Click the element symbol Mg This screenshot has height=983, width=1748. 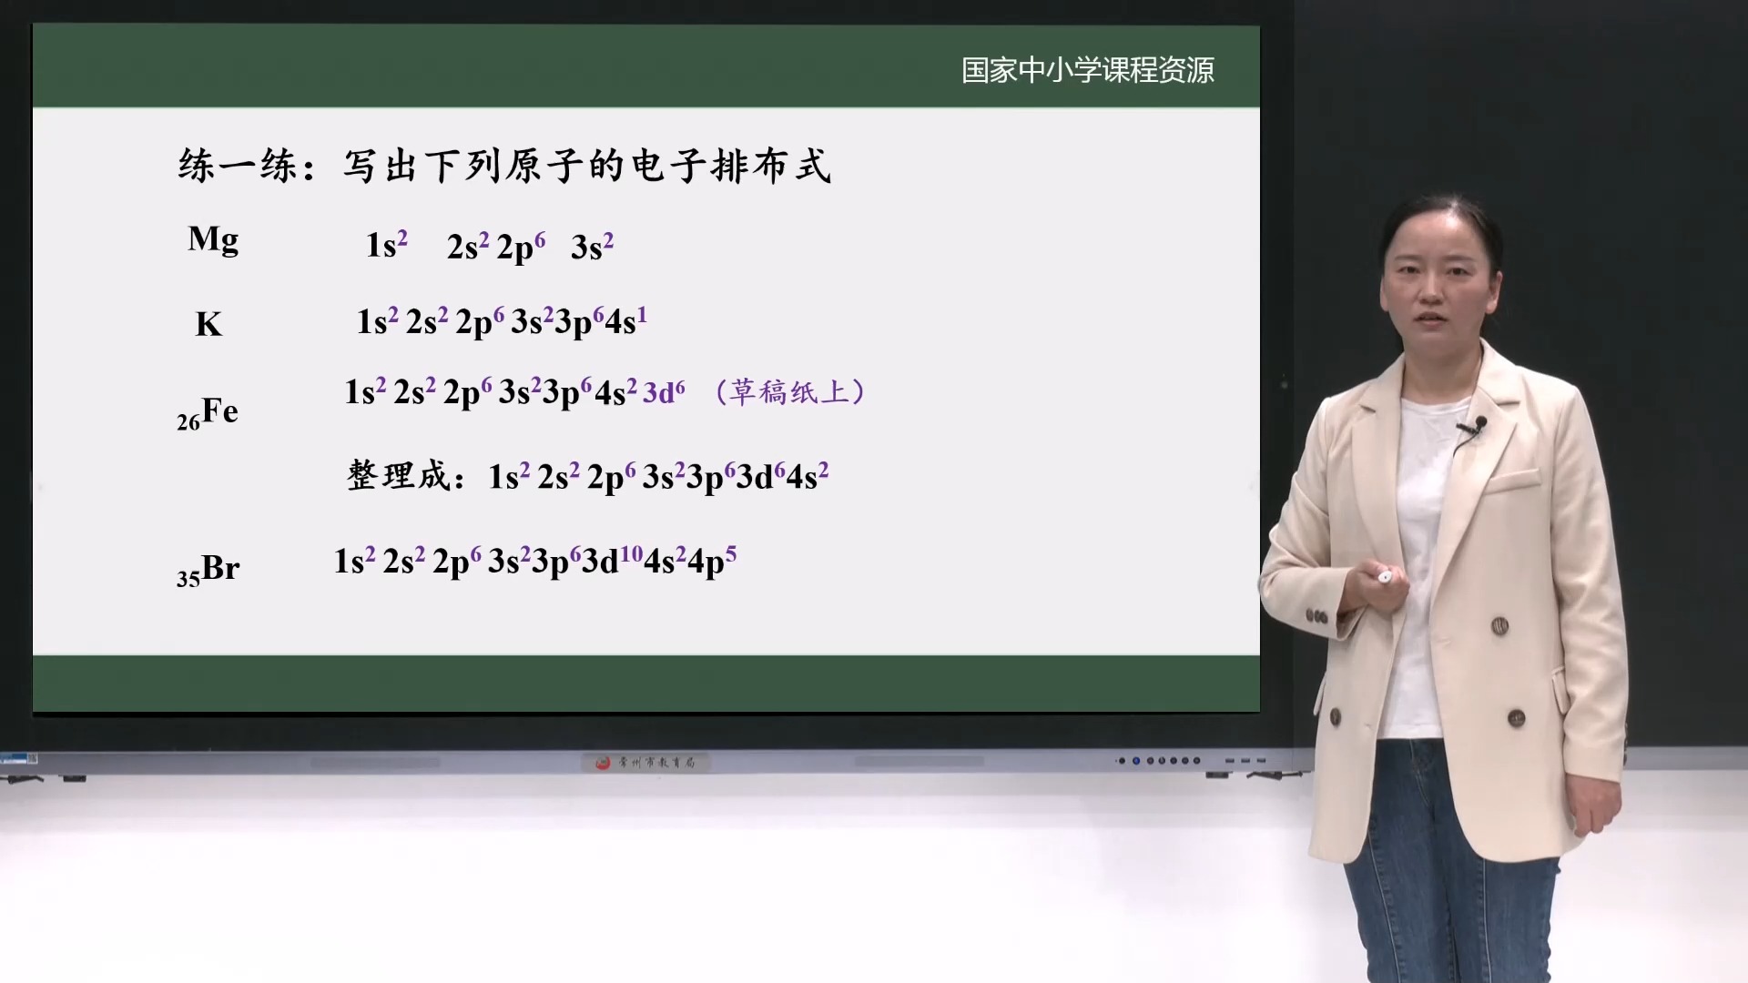click(213, 240)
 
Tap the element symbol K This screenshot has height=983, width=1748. click(208, 325)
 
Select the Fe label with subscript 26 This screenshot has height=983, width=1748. click(208, 412)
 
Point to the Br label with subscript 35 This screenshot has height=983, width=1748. click(208, 569)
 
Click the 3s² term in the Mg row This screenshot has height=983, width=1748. click(592, 246)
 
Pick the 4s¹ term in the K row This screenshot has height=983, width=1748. click(625, 320)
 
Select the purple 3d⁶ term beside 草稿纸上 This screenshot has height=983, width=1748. click(664, 392)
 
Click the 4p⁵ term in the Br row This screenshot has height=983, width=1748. click(712, 560)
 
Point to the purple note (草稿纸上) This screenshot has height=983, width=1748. click(790, 392)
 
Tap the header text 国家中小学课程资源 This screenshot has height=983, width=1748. click(1088, 70)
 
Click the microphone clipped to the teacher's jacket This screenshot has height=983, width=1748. click(1479, 424)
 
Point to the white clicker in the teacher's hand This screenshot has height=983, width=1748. click(1384, 576)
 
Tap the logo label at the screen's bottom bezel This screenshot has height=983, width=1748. click(645, 762)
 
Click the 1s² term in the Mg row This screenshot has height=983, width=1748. click(386, 245)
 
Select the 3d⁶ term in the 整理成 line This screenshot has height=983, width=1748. click(760, 476)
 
